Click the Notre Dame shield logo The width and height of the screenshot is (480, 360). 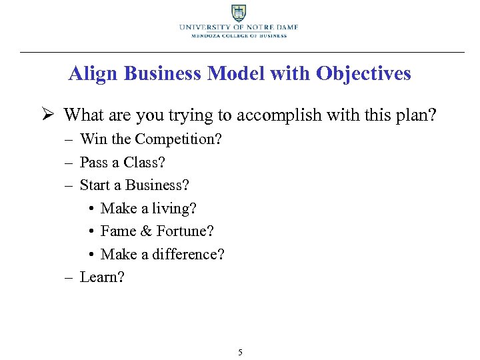pyautogui.click(x=239, y=13)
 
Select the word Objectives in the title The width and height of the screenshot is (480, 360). pyautogui.click(x=364, y=73)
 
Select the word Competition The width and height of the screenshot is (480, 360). pyautogui.click(x=180, y=139)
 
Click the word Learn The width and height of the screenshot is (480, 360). pyautogui.click(x=101, y=277)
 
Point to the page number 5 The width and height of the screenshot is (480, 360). pyautogui.click(x=240, y=352)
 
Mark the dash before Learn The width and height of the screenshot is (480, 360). pyautogui.click(x=69, y=277)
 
